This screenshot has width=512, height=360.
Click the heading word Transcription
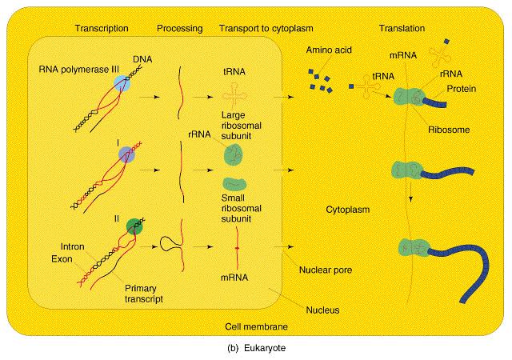(101, 29)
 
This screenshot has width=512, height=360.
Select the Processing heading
(178, 29)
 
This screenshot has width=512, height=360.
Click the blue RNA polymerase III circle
(123, 84)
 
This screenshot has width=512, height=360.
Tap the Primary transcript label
(144, 294)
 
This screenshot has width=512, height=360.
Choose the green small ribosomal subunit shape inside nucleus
(235, 183)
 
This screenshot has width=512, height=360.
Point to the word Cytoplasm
(350, 210)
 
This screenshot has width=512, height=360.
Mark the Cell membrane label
(258, 327)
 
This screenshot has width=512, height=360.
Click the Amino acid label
(327, 50)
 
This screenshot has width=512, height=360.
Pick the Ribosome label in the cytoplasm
(449, 129)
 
